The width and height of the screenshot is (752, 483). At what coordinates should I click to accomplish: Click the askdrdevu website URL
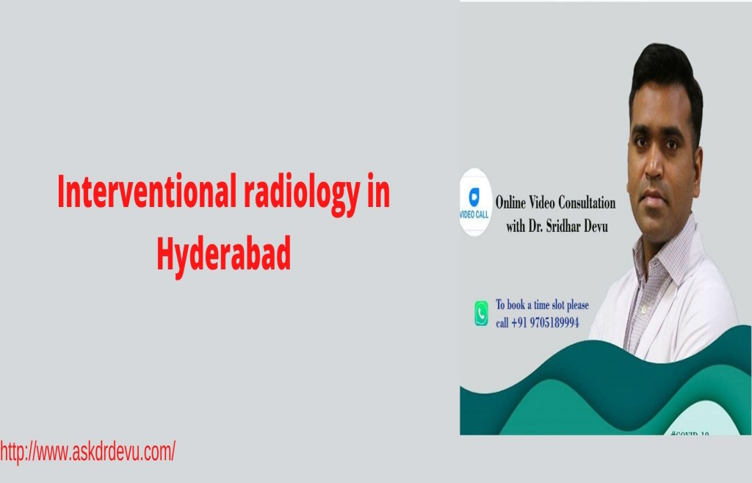87,451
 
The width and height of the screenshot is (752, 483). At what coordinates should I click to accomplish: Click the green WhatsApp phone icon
481,314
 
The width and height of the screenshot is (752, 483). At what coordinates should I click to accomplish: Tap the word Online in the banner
512,203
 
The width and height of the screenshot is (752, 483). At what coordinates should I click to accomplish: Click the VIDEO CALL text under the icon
474,214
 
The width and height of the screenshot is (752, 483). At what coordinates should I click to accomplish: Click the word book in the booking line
523,305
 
